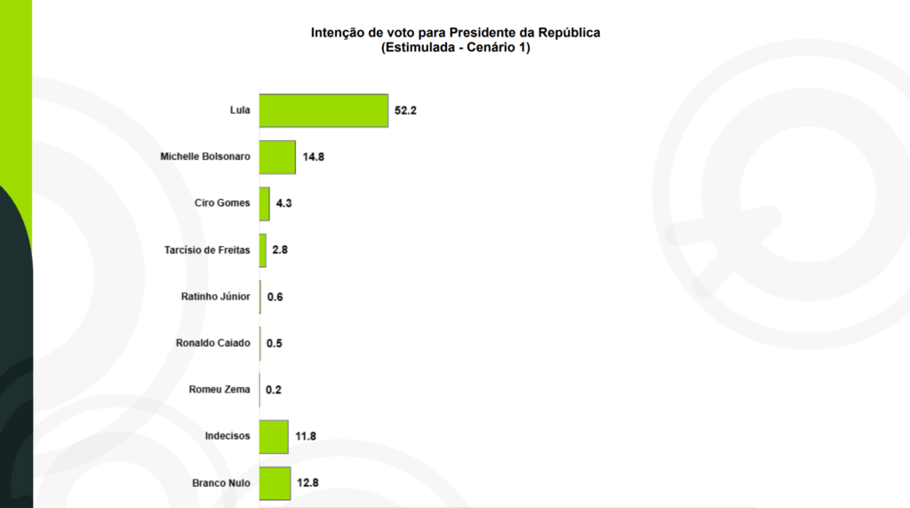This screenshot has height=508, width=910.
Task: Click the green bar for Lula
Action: (x=323, y=111)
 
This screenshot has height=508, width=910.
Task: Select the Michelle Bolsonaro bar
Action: (x=277, y=157)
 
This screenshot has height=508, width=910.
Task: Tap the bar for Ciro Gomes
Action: (x=265, y=203)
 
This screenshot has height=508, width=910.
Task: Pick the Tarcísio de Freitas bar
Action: (x=263, y=250)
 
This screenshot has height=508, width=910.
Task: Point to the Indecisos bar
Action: (x=274, y=436)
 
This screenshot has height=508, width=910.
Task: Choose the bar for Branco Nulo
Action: (x=275, y=483)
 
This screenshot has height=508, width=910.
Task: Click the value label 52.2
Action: (x=406, y=111)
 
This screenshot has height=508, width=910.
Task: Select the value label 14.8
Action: (x=314, y=157)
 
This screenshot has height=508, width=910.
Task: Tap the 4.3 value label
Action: (x=284, y=203)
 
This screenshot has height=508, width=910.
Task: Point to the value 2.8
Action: (x=280, y=250)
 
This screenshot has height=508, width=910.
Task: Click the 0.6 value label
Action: (x=275, y=297)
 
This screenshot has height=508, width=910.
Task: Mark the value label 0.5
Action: (x=274, y=343)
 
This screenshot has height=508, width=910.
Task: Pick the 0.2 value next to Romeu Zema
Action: (x=273, y=390)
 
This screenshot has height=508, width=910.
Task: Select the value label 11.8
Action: (x=307, y=436)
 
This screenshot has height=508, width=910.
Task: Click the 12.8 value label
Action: (x=308, y=483)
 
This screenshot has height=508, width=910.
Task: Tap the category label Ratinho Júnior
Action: (x=215, y=297)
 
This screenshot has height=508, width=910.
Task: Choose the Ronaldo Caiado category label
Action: (x=213, y=343)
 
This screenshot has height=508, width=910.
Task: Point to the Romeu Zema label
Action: (x=220, y=390)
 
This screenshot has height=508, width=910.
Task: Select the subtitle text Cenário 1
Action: (x=499, y=48)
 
